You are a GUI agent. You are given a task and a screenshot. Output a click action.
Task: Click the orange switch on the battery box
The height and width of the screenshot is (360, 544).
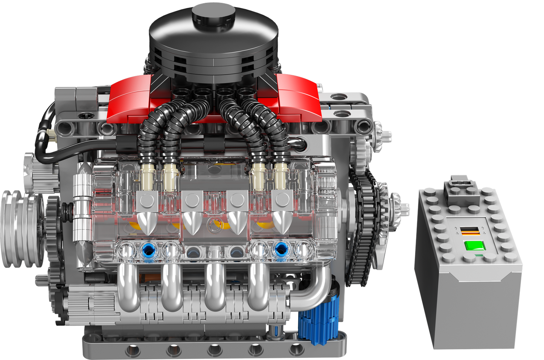click(x=471, y=231)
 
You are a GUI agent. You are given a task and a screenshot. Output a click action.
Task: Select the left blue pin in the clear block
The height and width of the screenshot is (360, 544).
click(x=148, y=250)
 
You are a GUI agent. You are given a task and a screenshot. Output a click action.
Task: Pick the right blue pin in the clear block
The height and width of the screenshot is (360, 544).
click(x=281, y=249)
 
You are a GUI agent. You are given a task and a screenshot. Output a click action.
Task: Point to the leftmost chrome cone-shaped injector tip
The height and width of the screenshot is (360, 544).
click(x=146, y=222)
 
